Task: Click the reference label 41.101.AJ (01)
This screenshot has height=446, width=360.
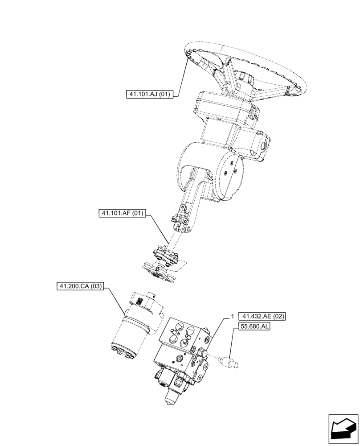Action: click(x=151, y=94)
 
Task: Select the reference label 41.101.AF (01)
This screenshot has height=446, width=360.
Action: click(x=122, y=214)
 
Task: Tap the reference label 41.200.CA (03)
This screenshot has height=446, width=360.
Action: click(x=80, y=286)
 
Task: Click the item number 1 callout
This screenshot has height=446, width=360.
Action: click(x=232, y=317)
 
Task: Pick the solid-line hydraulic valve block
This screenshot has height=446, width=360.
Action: click(x=183, y=352)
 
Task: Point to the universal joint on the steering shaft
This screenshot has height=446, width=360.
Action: click(x=181, y=223)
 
